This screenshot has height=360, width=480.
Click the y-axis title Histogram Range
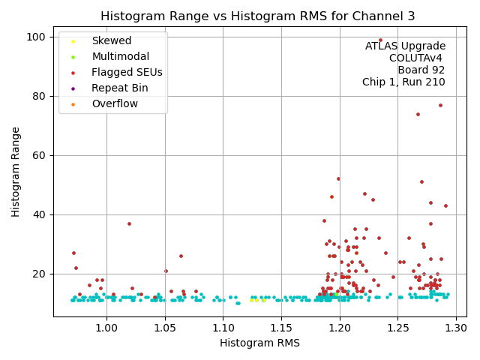[16, 172]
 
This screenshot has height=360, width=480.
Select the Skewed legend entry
[111, 41]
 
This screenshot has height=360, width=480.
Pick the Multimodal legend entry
[119, 57]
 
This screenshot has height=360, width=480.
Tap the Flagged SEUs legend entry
[127, 73]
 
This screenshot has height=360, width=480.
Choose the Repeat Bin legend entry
[119, 88]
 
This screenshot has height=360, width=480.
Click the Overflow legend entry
[114, 103]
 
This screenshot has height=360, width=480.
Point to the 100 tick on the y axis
[36, 37]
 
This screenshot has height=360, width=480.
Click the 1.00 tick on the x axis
[106, 327]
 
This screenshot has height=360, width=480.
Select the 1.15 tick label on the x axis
[282, 327]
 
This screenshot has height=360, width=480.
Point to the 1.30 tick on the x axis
[457, 327]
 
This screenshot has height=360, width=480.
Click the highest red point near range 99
[380, 40]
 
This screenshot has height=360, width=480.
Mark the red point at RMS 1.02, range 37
[129, 223]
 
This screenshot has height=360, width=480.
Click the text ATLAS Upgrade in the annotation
[405, 46]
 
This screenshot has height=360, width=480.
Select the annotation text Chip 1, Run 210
[403, 82]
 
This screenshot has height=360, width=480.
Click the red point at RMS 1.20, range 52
[338, 178]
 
